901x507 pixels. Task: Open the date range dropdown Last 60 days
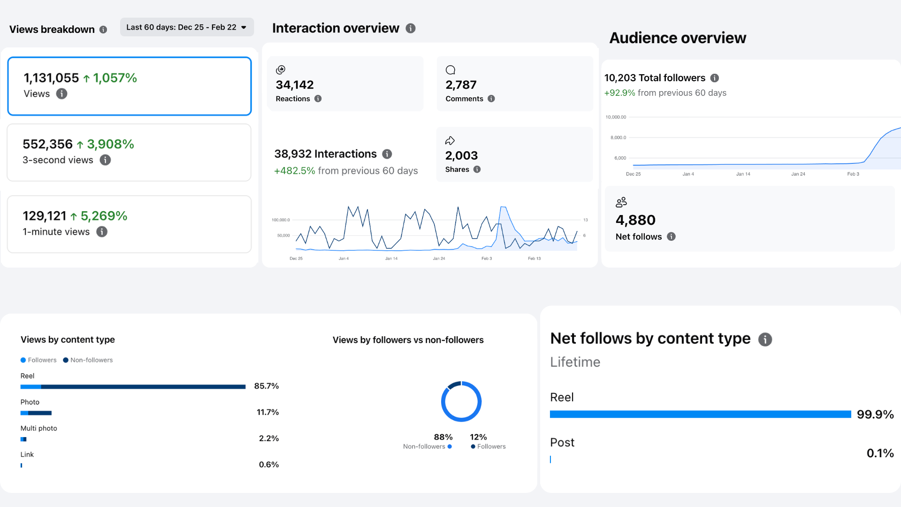point(187,27)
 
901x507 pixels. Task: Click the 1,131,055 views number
point(51,78)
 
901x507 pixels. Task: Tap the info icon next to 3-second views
point(105,160)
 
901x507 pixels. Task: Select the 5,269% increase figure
point(104,216)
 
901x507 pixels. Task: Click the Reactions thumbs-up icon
point(281,70)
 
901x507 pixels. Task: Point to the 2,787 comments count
point(461,85)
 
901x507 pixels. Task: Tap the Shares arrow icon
point(450,140)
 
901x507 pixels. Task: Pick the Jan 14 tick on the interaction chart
point(391,259)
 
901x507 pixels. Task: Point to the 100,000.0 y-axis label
point(281,220)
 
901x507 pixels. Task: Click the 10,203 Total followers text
point(655,78)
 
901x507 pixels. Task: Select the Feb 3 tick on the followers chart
point(853,174)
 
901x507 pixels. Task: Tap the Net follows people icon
point(621,202)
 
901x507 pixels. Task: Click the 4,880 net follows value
point(635,220)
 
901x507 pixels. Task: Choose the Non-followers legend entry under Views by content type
point(88,360)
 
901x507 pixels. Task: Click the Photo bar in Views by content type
point(36,413)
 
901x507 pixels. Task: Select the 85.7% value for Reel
point(267,386)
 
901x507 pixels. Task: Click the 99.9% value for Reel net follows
point(875,415)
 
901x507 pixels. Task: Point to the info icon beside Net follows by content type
point(765,339)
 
